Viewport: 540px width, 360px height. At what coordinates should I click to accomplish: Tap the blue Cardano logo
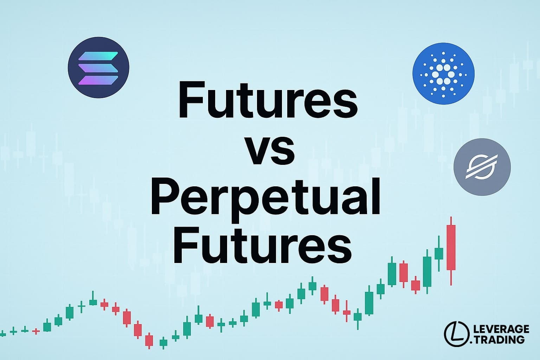[x=443, y=73]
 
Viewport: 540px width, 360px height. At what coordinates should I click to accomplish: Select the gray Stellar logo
[x=482, y=167]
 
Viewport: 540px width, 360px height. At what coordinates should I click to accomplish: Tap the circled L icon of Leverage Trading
[x=457, y=334]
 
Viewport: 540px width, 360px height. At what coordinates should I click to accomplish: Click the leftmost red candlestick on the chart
[x=36, y=331]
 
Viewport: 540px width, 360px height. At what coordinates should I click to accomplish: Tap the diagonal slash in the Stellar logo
[x=482, y=167]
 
